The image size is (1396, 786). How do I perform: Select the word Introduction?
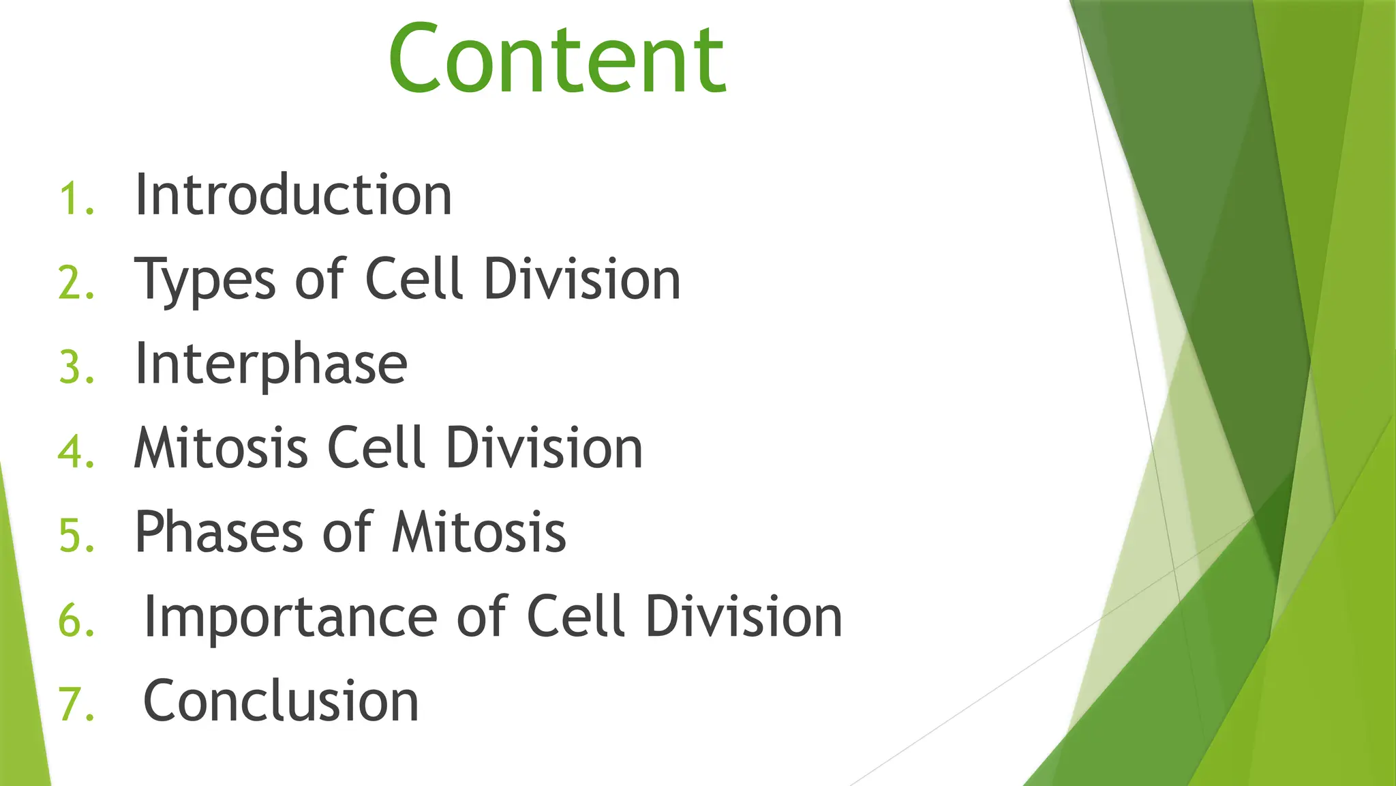(293, 195)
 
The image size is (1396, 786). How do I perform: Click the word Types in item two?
(204, 280)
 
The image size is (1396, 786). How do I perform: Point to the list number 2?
(75, 283)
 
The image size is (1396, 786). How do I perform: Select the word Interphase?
(271, 364)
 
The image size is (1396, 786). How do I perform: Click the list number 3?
(75, 368)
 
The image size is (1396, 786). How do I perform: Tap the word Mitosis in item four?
(221, 448)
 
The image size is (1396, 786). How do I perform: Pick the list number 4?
(75, 452)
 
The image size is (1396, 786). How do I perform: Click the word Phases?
(219, 532)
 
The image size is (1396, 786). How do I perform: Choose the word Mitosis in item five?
(479, 532)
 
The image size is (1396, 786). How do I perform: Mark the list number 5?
(75, 536)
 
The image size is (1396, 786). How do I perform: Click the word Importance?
(290, 617)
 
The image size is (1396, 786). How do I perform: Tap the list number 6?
(75, 621)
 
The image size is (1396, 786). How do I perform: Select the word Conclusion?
(281, 701)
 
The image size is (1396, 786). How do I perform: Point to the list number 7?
(75, 705)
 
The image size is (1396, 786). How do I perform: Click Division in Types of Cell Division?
(582, 280)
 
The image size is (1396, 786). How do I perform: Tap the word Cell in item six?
(576, 617)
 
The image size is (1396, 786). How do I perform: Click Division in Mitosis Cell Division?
(544, 448)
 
